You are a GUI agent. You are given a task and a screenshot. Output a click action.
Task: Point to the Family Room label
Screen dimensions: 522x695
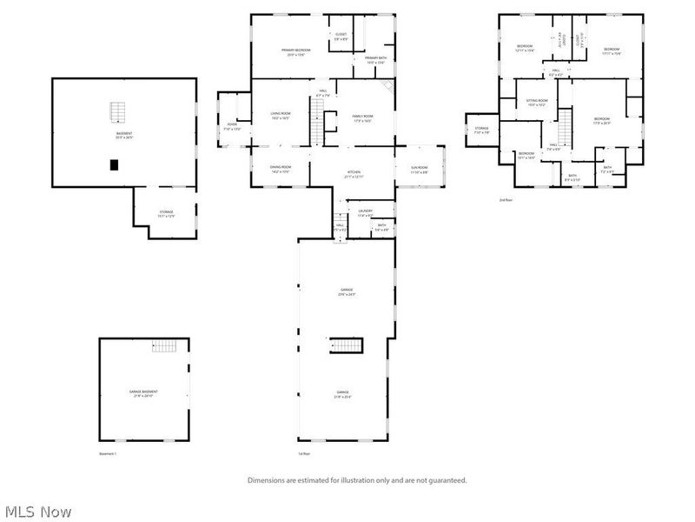[x=362, y=117]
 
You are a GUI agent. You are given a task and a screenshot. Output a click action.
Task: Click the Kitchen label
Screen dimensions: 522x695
[x=354, y=175]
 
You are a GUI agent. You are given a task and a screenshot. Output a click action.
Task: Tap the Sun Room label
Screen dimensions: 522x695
[x=419, y=170]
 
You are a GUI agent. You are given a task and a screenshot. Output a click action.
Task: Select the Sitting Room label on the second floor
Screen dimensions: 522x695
[x=537, y=102]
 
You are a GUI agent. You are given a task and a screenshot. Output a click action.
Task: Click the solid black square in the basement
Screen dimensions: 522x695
[x=114, y=165]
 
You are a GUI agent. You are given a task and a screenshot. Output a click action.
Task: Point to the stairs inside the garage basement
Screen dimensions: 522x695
[x=164, y=346]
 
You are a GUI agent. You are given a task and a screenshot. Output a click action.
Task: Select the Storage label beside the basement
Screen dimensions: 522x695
[x=166, y=213]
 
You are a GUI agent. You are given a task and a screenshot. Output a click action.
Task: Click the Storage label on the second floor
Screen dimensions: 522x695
[x=482, y=130]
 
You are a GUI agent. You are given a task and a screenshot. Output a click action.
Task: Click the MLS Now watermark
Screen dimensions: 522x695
[x=39, y=512]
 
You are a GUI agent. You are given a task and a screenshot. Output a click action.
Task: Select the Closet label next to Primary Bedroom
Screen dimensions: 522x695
[x=341, y=37]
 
